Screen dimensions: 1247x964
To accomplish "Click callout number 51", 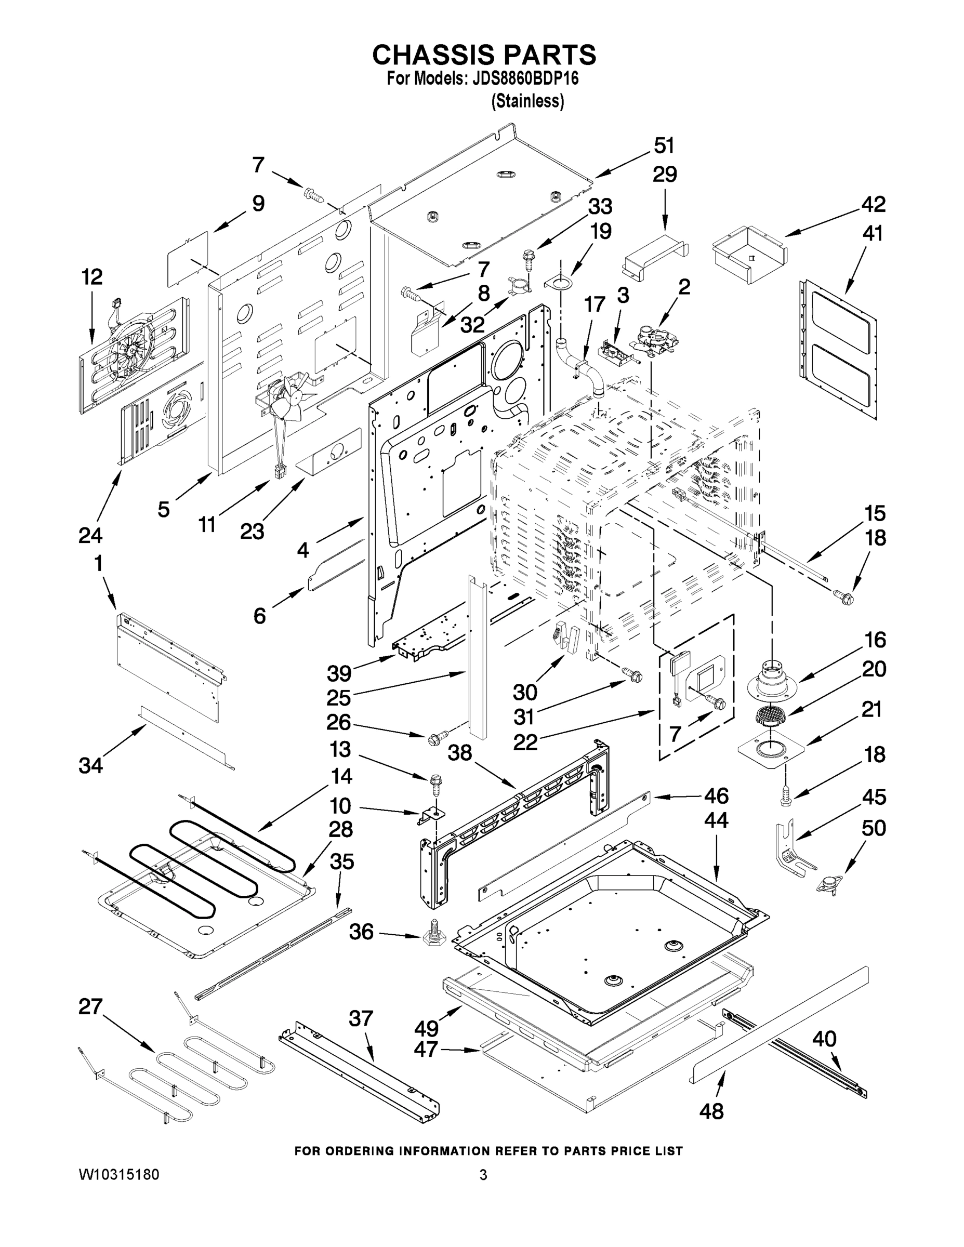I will (664, 145).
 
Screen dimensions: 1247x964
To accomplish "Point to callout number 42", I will (873, 204).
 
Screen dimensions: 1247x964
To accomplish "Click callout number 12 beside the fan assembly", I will (91, 277).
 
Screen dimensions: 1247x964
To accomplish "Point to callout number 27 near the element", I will (91, 1006).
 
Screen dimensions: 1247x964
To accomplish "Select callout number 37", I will (361, 1018).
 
